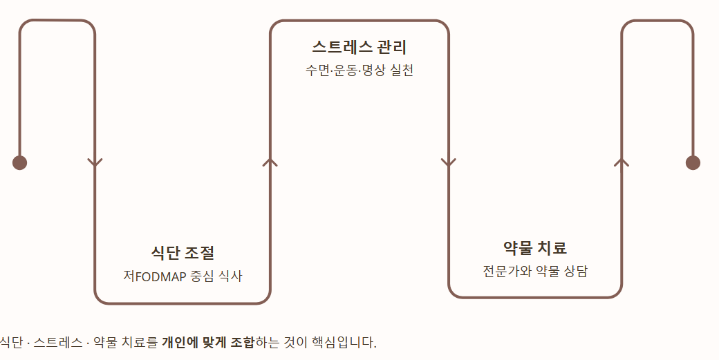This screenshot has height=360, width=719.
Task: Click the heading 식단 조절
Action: click(183, 253)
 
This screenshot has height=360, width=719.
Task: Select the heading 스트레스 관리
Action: click(359, 48)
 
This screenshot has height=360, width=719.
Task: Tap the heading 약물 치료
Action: click(535, 248)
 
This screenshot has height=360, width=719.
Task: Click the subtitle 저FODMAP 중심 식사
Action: click(183, 276)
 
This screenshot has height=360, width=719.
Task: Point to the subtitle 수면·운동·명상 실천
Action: click(359, 70)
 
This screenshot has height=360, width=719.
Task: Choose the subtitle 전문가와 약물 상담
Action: click(535, 271)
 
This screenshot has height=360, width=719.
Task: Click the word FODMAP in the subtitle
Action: click(160, 276)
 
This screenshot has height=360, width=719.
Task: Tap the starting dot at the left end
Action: click(19, 162)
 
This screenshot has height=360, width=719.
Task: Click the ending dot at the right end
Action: click(693, 162)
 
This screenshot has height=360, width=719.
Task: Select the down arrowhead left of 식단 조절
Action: click(95, 163)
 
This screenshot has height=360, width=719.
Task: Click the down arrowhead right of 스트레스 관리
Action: click(448, 163)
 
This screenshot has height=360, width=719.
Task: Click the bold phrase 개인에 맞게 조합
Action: click(208, 342)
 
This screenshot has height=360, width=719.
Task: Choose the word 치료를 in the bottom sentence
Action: click(139, 342)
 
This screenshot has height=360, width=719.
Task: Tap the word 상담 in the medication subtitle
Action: click(576, 271)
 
